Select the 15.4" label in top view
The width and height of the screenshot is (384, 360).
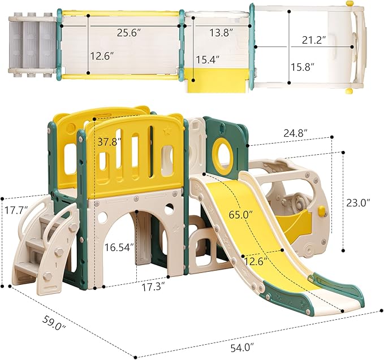point(208,60)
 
